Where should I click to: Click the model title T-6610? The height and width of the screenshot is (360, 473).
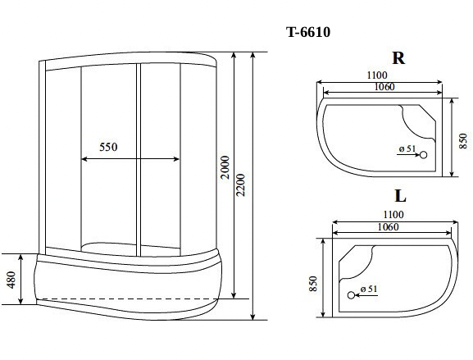click(308, 32)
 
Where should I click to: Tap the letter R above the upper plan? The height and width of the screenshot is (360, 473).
click(398, 58)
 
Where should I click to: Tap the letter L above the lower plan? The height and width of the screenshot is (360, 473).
click(400, 196)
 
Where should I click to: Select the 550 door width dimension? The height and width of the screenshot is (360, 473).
click(108, 147)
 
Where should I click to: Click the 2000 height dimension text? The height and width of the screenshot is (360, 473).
click(225, 167)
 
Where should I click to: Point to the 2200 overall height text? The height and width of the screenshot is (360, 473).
click(241, 185)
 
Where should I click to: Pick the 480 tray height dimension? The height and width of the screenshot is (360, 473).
click(11, 280)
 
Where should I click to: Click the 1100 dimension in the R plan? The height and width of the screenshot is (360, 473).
click(377, 75)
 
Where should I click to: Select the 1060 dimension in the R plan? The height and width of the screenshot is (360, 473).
click(384, 87)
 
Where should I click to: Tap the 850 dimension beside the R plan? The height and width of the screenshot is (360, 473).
click(463, 140)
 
